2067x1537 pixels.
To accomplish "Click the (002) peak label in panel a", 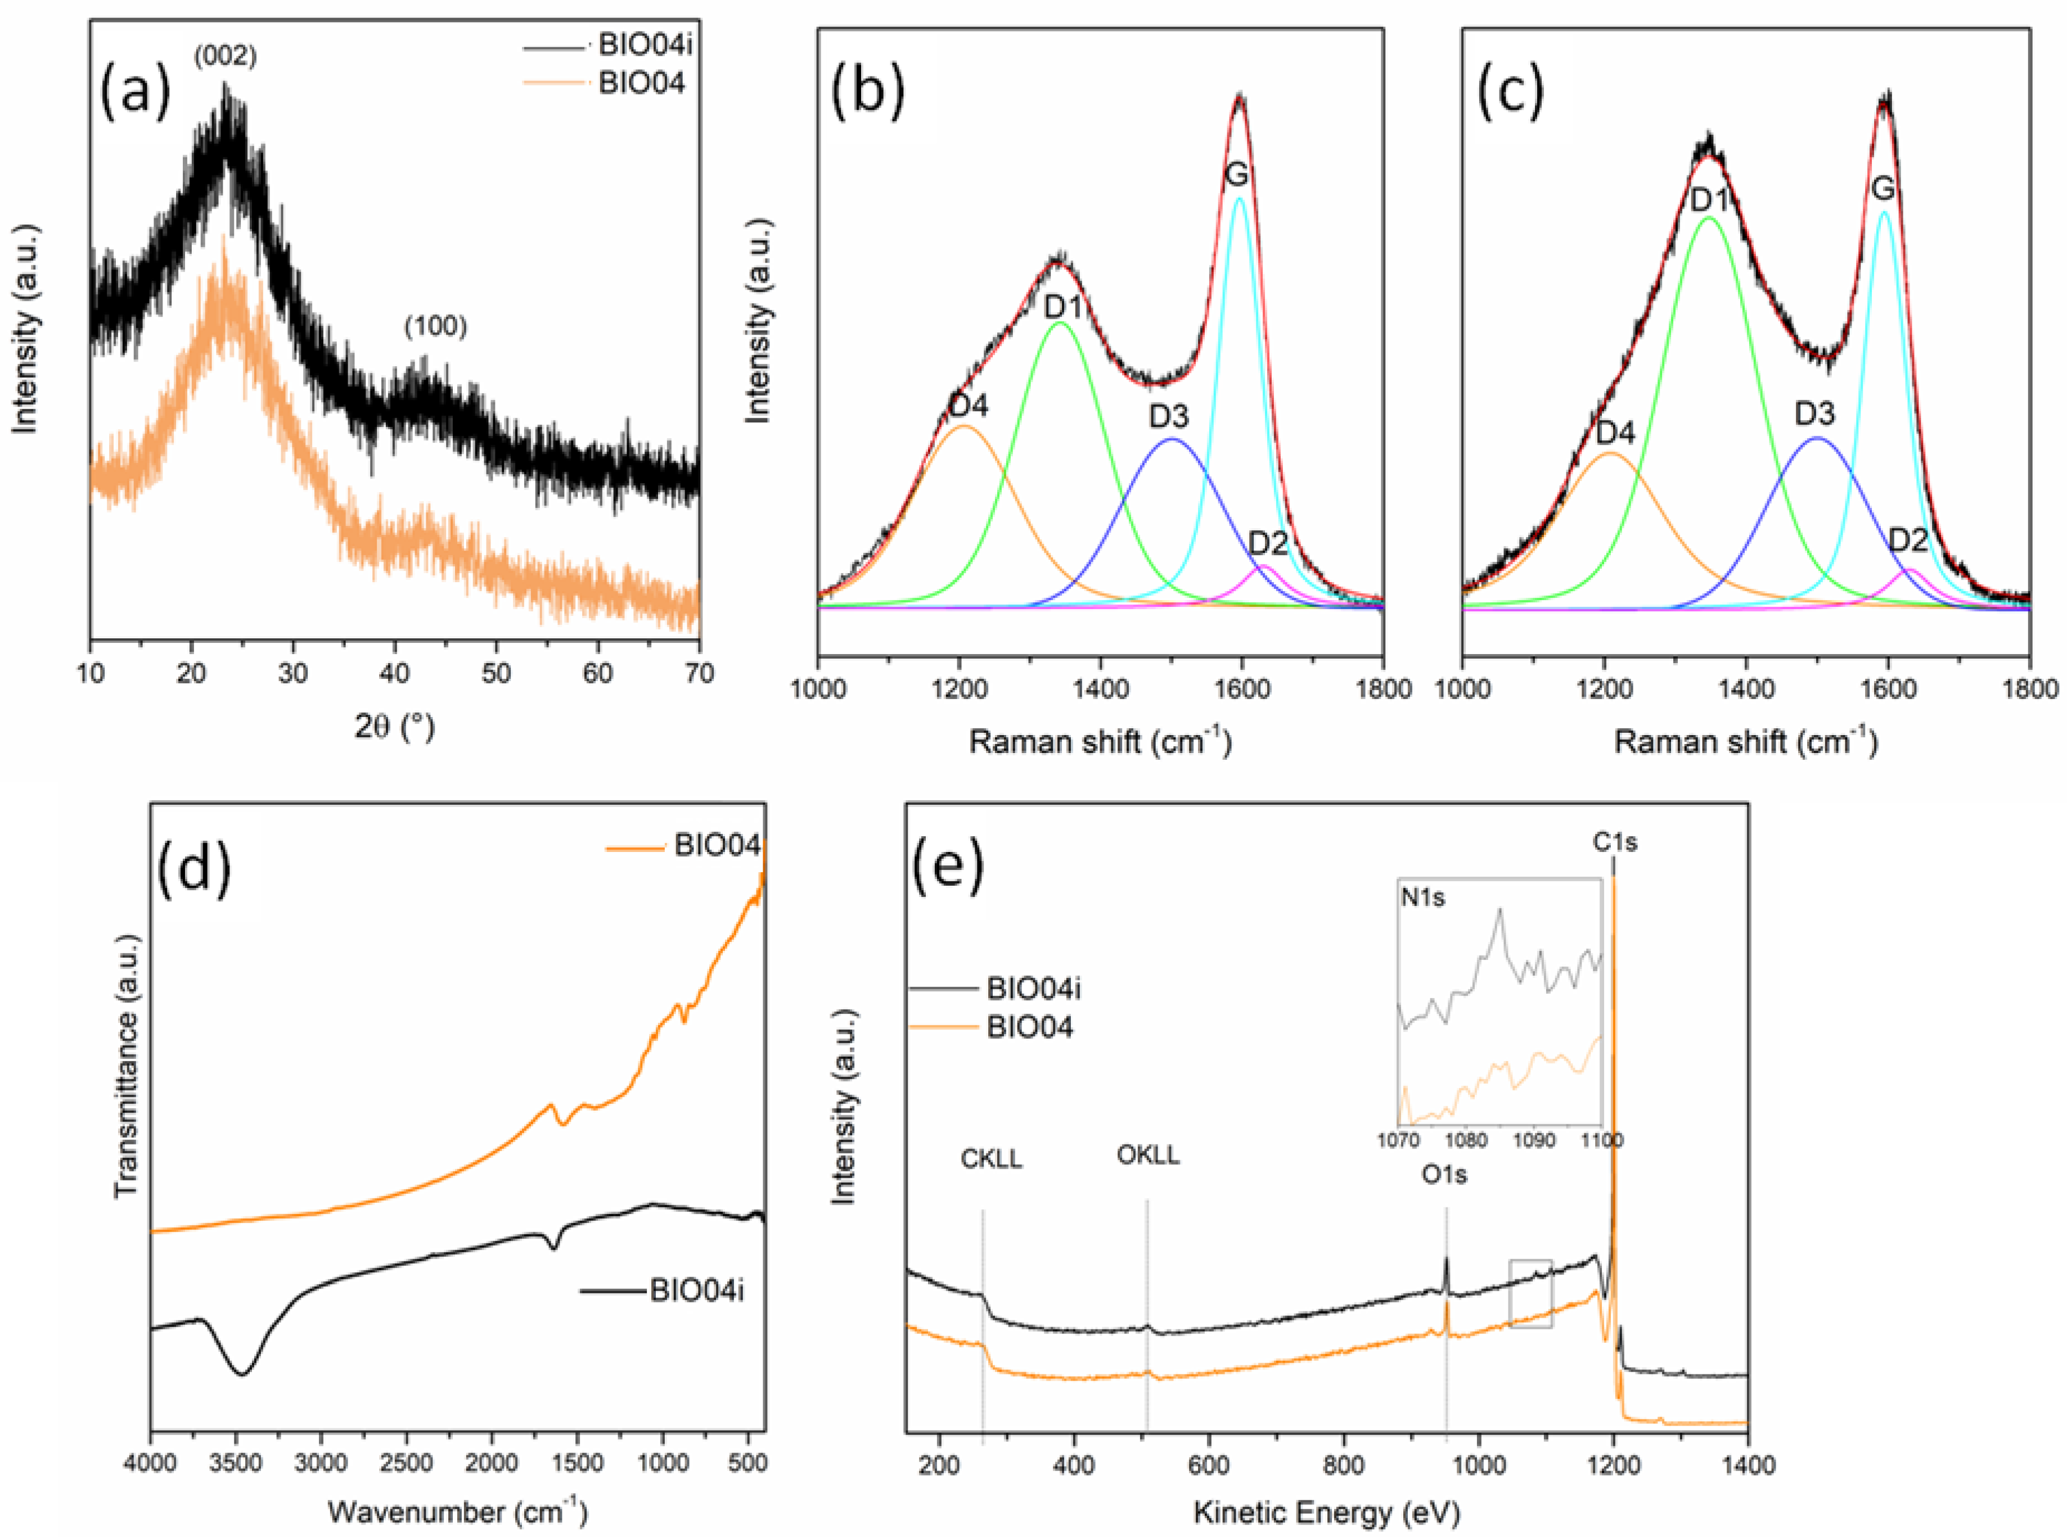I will (x=225, y=57).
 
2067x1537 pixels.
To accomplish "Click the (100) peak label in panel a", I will (x=435, y=327).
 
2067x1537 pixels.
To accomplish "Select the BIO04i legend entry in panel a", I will (x=641, y=44).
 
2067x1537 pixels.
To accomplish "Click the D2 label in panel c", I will (x=1908, y=540).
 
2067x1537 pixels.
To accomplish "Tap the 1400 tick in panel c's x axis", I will (x=1745, y=689).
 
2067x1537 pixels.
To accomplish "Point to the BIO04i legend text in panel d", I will (x=697, y=1291).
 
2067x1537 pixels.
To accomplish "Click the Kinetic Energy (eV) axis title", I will (x=1326, y=1512).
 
